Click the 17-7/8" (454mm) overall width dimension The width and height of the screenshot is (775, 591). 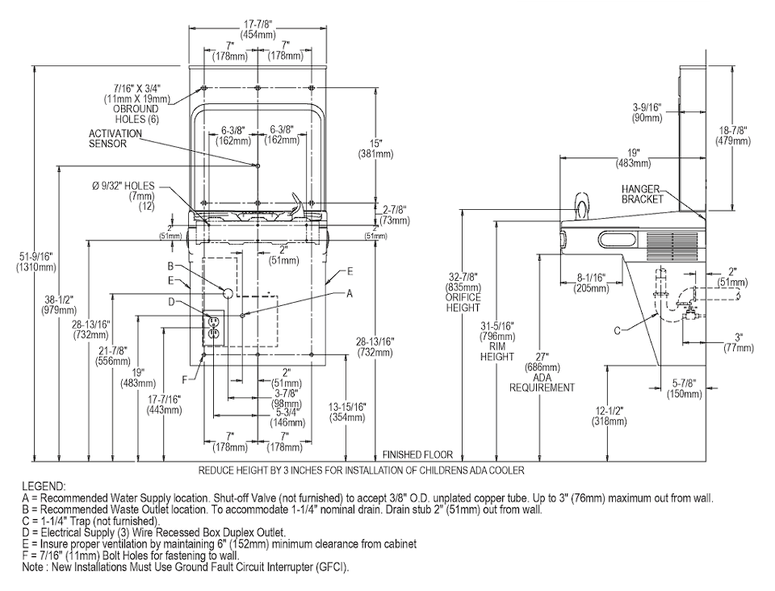point(258,30)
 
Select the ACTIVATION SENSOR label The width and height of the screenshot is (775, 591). point(115,138)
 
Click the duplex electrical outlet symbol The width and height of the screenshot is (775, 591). point(214,327)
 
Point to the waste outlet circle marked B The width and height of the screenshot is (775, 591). point(228,293)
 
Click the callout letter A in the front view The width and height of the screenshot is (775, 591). point(350,294)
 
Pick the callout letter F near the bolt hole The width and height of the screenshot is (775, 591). point(184,379)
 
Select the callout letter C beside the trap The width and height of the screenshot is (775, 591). point(617,330)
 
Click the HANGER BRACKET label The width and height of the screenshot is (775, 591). point(642,194)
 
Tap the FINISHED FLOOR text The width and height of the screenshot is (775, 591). point(417,454)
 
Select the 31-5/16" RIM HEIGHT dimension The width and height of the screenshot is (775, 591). point(497,341)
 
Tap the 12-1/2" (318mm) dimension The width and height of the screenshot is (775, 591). point(609,416)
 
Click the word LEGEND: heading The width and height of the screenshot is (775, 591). point(44,486)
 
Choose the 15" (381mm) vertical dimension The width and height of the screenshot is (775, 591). point(376,149)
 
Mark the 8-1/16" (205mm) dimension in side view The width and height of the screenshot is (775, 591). point(591,283)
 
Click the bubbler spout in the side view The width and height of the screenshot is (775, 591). point(582,206)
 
